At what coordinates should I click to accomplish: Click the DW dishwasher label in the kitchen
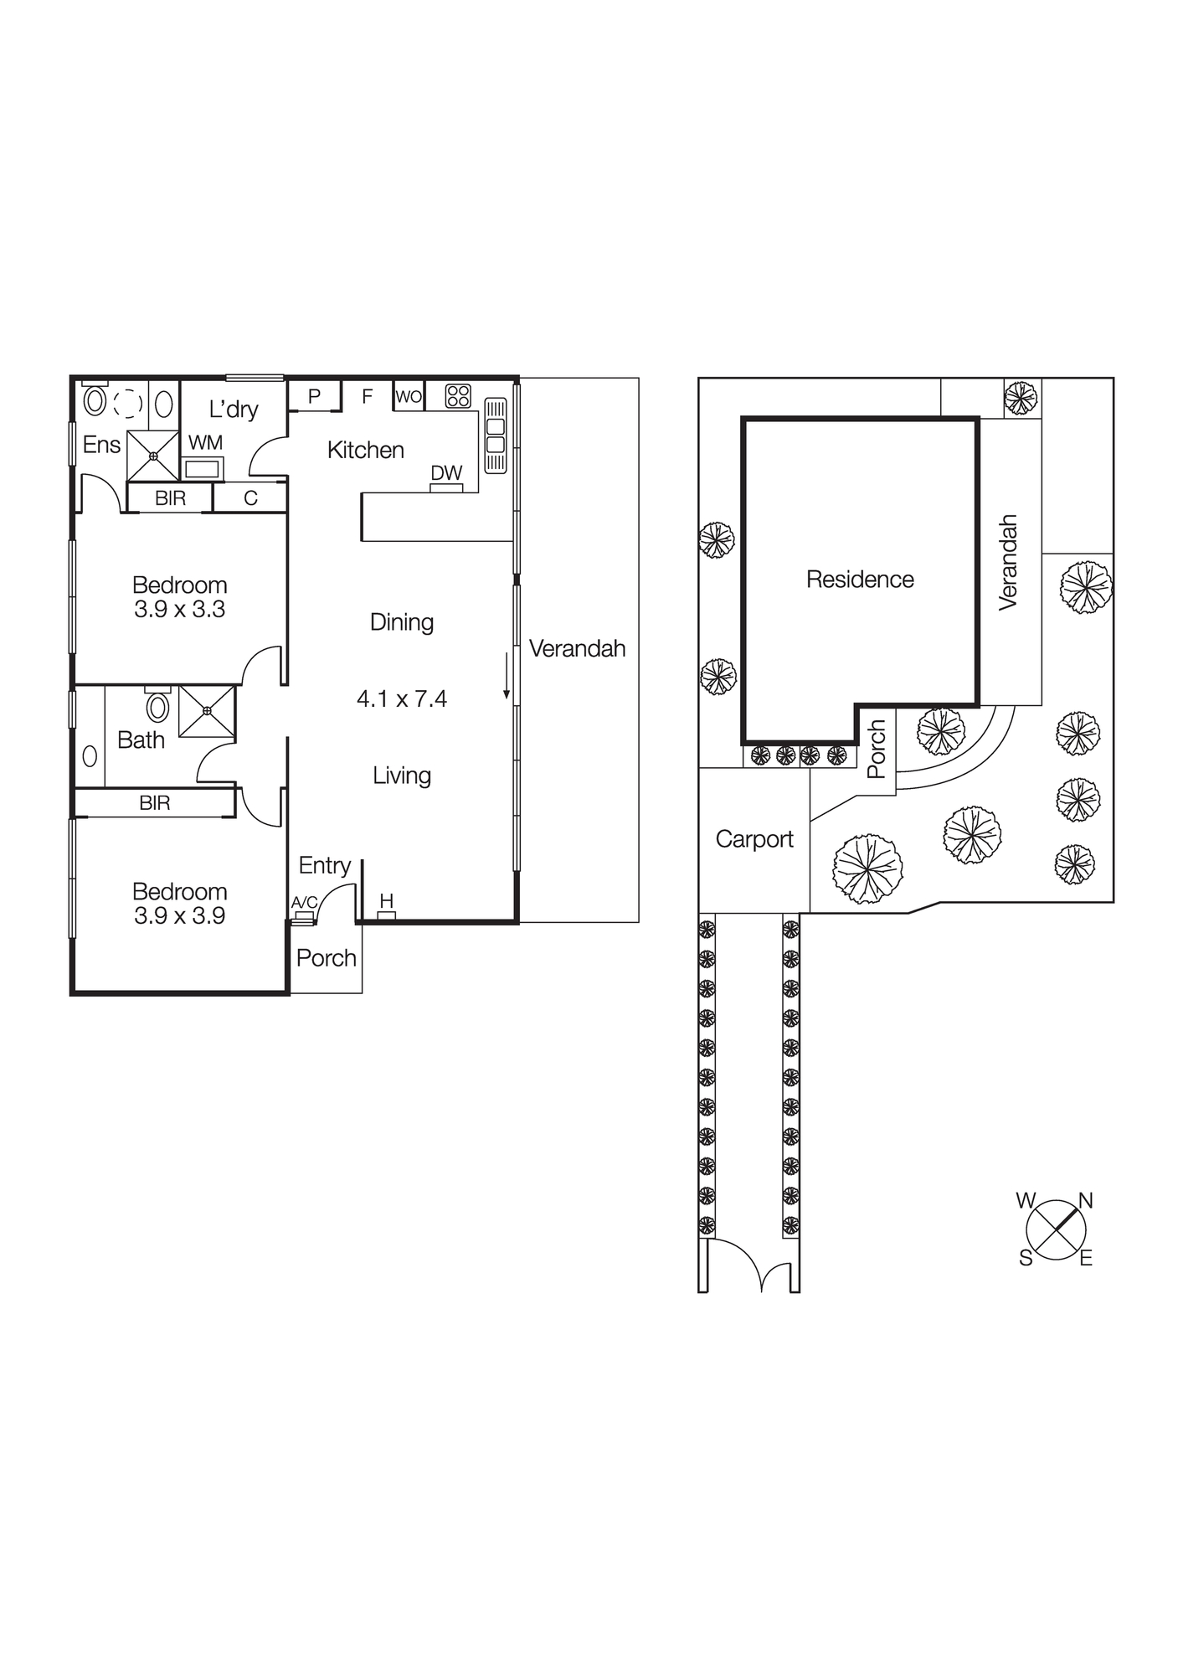click(446, 473)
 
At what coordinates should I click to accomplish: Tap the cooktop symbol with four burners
click(458, 395)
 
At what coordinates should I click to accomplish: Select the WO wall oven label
click(409, 397)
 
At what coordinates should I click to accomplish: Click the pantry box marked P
click(315, 396)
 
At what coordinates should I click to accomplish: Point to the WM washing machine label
click(205, 443)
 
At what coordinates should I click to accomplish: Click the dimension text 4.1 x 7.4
click(402, 698)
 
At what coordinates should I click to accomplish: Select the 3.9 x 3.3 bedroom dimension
click(179, 610)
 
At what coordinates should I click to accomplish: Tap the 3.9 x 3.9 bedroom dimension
click(179, 916)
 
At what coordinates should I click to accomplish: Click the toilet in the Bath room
click(157, 706)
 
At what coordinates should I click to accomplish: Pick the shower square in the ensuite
click(153, 456)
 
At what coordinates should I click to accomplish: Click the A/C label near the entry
click(304, 903)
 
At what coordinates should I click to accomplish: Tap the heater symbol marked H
click(386, 902)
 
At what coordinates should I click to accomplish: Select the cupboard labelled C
click(250, 498)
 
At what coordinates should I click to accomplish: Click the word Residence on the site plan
click(860, 580)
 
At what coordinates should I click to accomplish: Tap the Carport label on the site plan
click(754, 839)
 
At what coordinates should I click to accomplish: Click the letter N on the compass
click(1086, 1201)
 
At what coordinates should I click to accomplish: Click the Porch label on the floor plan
click(326, 958)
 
